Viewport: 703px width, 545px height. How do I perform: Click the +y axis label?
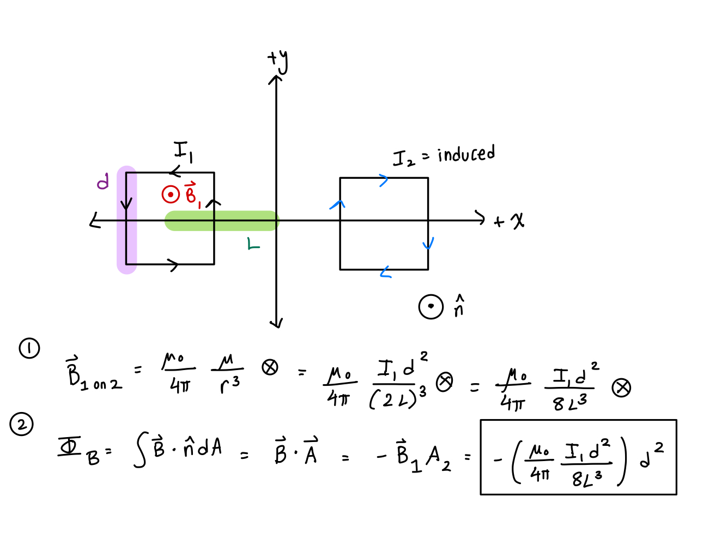pos(278,61)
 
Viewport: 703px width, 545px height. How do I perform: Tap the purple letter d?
pos(102,181)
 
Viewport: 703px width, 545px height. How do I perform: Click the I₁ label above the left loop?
pos(183,152)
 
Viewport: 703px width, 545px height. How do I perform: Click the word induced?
pos(466,154)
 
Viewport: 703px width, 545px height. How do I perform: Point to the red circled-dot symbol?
pos(171,194)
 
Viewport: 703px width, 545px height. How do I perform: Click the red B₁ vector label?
pos(192,195)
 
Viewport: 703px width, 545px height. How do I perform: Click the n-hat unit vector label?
pos(459,307)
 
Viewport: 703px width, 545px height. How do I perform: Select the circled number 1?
pos(29,348)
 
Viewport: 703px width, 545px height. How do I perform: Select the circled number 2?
pos(22,425)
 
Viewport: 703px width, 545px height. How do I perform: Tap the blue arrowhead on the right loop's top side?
pos(384,180)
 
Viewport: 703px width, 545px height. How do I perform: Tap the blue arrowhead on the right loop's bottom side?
pos(385,272)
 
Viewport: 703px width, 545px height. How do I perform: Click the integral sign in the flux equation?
pos(140,451)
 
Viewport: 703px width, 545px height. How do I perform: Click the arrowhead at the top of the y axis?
pos(276,79)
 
